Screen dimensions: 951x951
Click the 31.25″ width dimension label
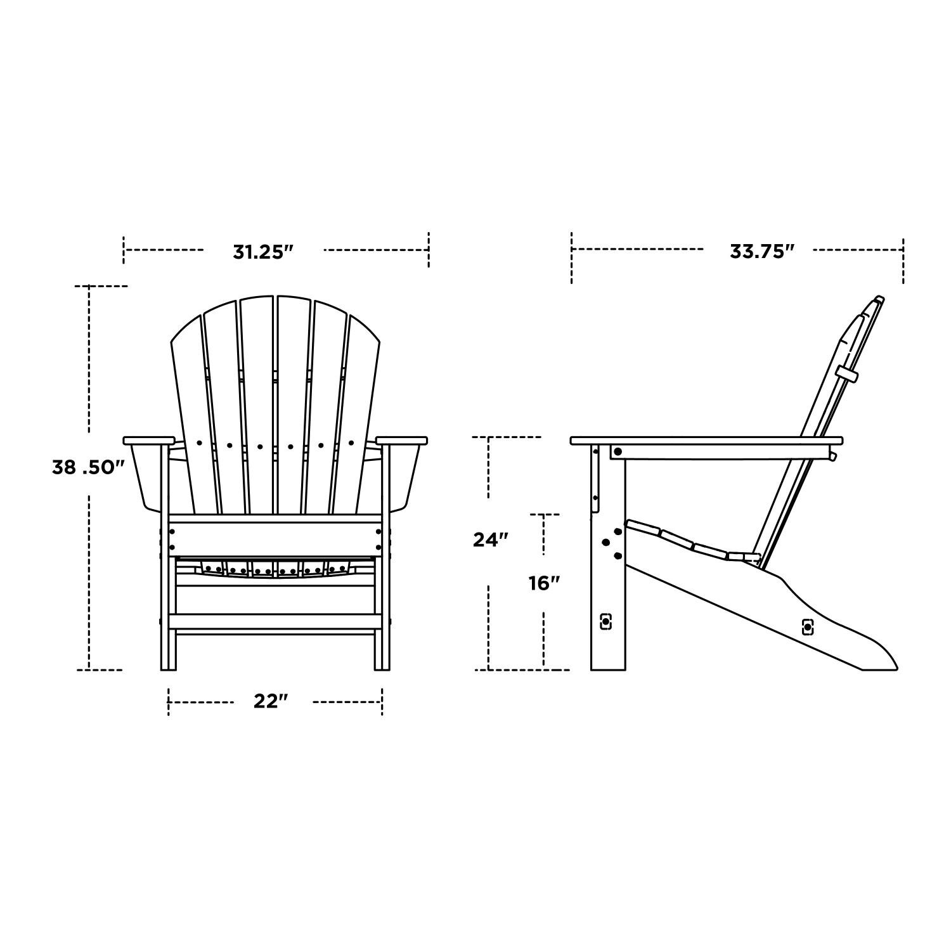[x=263, y=252]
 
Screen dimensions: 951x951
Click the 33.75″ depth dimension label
[x=761, y=251]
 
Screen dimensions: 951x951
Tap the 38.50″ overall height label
[x=88, y=468]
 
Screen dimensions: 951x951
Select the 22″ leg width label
[x=271, y=702]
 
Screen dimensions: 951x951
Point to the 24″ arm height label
[x=491, y=539]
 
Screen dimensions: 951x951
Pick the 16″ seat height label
[x=544, y=583]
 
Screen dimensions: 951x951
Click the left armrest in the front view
[x=149, y=440]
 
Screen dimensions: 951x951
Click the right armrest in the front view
[x=401, y=440]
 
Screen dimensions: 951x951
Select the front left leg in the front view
[x=167, y=647]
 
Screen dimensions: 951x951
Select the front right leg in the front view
[x=382, y=647]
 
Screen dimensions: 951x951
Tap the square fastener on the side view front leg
[x=606, y=621]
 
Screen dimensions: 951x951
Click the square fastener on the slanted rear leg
[x=807, y=627]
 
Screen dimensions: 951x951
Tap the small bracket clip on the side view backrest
[x=846, y=373]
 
